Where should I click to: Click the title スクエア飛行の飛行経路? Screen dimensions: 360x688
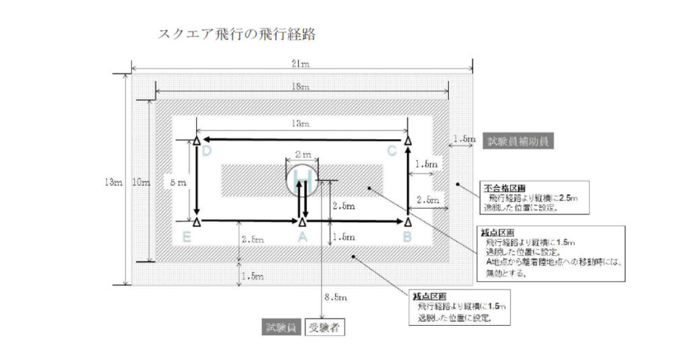[x=236, y=34]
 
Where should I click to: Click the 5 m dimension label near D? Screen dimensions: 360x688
[x=174, y=181]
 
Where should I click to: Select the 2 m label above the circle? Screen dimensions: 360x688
[x=303, y=154]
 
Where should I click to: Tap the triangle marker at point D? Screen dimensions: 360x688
[x=197, y=141]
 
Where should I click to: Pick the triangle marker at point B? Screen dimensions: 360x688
[x=407, y=221]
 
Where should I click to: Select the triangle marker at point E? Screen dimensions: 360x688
[x=197, y=221]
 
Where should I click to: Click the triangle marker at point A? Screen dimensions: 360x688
[x=302, y=221]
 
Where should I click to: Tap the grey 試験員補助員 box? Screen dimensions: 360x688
[x=518, y=141]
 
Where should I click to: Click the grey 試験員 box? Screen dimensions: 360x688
[x=281, y=328]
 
